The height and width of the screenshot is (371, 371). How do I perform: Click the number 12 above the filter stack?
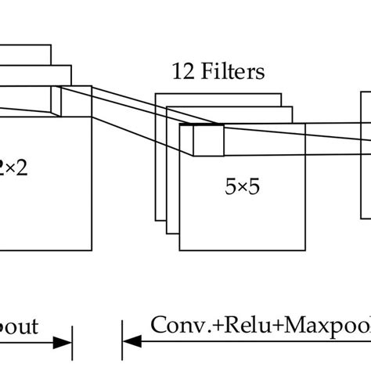click(183, 73)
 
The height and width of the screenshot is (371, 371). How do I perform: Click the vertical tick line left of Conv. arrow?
click(122, 342)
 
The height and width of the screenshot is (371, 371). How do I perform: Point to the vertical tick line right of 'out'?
click(72, 342)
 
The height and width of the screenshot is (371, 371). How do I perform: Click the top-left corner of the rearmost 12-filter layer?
click(156, 94)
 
